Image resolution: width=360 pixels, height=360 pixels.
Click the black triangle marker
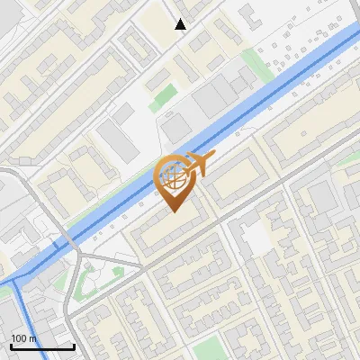(x=181, y=24)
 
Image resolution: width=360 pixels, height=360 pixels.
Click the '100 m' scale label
(x=24, y=338)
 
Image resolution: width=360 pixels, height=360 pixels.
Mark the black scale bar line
(x=42, y=346)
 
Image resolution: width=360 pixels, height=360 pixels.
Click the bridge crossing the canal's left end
(x=68, y=241)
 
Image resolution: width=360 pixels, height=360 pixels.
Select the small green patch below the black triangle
(x=163, y=96)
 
